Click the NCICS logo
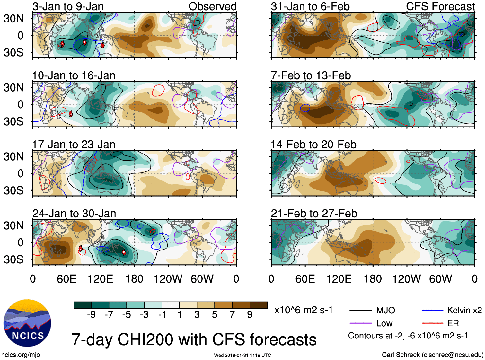coord(27,323)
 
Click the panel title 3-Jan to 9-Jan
coord(68,6)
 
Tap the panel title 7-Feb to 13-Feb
coord(311,75)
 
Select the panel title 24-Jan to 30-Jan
coord(74,214)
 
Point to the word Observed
coord(212,6)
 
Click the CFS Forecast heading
coord(440,6)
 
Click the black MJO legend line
coord(360,310)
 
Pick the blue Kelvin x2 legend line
coord(432,310)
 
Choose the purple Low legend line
coord(360,323)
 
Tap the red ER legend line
coord(432,323)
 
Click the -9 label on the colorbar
coord(91,315)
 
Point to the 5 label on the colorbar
coord(215,315)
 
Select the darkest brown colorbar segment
coord(259,305)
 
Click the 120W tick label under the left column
coord(168,279)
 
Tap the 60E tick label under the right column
coord(305,279)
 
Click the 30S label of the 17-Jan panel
coord(13,190)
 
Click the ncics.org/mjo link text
coord(21,355)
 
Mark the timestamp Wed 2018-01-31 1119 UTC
coord(242,355)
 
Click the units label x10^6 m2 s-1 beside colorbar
coord(303,310)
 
